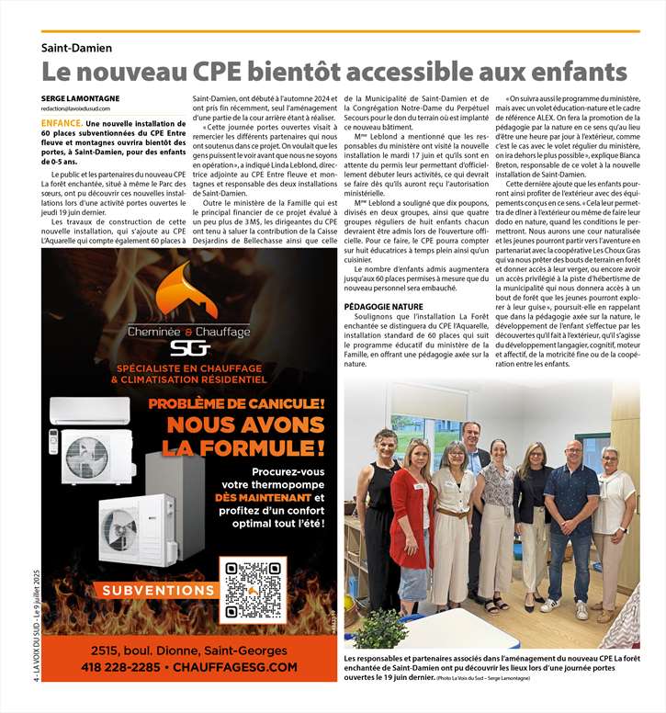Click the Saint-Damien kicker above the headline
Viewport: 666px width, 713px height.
tap(77, 48)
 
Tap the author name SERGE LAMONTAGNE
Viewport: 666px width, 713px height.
tap(80, 98)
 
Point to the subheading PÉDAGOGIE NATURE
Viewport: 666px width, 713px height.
tap(383, 305)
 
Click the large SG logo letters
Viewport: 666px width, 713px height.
tap(190, 346)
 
